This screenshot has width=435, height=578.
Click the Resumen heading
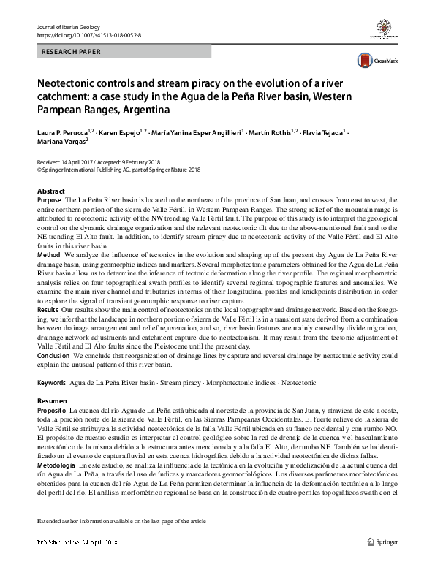click(52, 402)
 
